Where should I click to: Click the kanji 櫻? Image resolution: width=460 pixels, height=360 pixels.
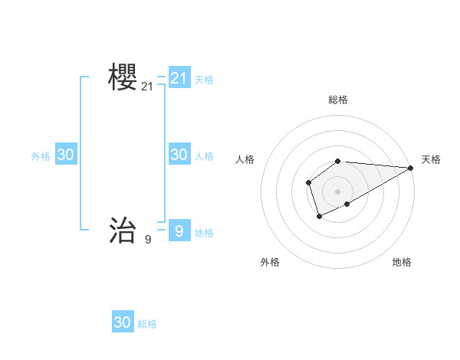click(123, 77)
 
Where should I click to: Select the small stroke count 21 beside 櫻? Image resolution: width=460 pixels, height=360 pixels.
click(147, 87)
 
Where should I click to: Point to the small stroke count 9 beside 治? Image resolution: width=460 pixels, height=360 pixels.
click(147, 240)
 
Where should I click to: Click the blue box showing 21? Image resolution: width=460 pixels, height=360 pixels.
click(179, 78)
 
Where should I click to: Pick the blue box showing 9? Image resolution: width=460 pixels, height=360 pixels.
click(179, 230)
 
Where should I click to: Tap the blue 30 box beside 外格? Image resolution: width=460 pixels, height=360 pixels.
click(66, 155)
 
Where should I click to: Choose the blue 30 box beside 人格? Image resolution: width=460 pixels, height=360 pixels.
click(179, 155)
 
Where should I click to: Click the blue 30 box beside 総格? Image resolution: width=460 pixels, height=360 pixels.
click(123, 322)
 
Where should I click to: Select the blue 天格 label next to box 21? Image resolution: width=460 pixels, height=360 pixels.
click(204, 79)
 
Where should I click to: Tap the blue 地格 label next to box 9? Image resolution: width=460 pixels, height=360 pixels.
click(204, 233)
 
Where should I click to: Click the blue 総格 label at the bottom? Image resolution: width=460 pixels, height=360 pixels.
click(147, 324)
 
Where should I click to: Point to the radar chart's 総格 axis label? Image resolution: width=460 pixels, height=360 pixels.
click(338, 100)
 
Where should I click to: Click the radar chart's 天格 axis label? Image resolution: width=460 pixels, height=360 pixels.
click(431, 159)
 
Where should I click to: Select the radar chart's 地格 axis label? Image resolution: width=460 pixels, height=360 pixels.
click(402, 262)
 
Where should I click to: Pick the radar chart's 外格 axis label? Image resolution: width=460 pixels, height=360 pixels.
click(270, 262)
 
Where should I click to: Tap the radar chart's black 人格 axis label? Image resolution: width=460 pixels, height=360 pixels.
click(245, 159)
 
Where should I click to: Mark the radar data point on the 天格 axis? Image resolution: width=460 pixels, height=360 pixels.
click(411, 168)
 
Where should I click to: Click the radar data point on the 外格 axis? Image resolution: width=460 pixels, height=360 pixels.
click(319, 217)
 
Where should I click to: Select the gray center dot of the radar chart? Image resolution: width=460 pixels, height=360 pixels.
click(338, 191)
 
